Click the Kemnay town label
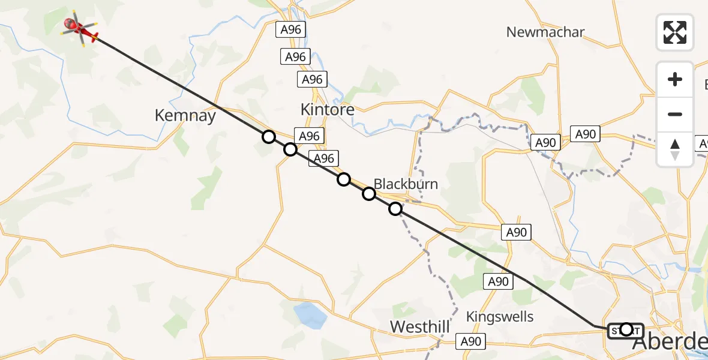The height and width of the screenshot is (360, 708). [x=185, y=115]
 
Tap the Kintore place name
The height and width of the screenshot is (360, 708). [x=327, y=110]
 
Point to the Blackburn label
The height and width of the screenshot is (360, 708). [x=406, y=184]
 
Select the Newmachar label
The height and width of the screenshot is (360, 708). [x=545, y=32]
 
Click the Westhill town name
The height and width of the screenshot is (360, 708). [x=420, y=327]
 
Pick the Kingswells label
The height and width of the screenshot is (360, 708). [x=500, y=316]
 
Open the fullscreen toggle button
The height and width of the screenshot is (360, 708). [x=675, y=32]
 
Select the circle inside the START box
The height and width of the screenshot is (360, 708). [x=626, y=329]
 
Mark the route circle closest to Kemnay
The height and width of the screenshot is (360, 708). [x=269, y=137]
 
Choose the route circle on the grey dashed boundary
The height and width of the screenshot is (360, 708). [x=395, y=209]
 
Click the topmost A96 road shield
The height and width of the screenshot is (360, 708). [x=291, y=29]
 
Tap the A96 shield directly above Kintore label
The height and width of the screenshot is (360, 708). [x=312, y=79]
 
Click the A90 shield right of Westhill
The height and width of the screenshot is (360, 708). [x=470, y=341]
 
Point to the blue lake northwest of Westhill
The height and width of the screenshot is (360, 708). [x=309, y=314]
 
